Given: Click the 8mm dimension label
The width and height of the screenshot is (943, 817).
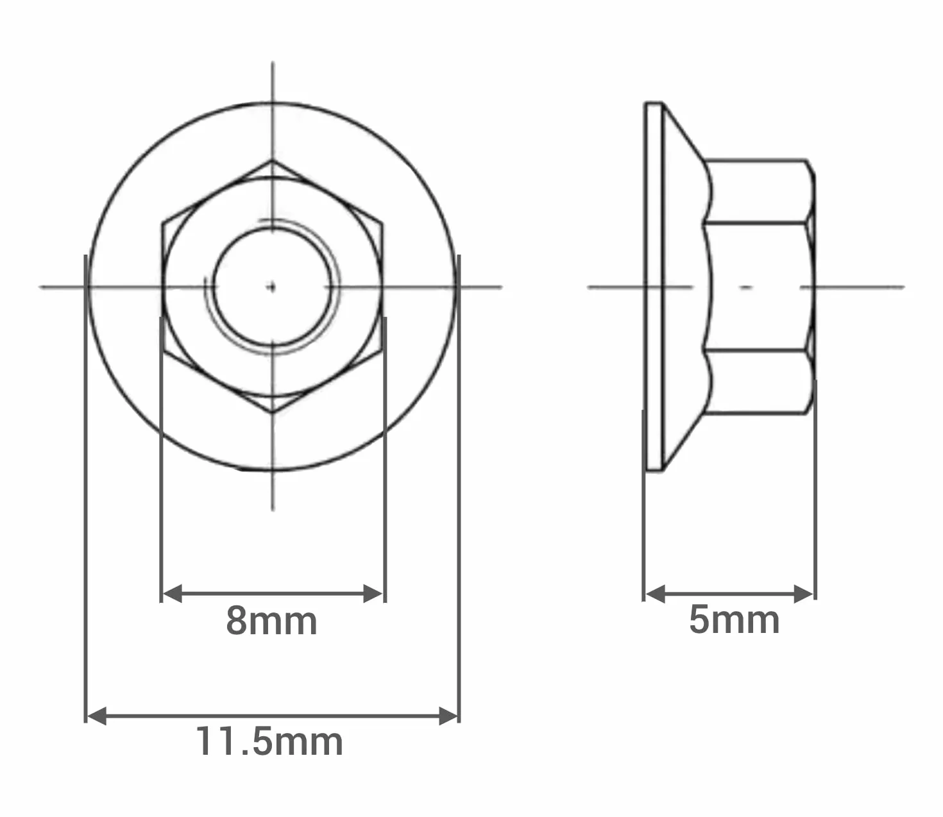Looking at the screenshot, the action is tap(271, 621).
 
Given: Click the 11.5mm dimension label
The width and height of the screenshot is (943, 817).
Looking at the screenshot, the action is tap(269, 742).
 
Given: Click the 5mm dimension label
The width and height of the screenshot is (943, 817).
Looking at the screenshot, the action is tap(734, 620).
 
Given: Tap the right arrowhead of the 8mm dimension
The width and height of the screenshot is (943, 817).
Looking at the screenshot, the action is tap(373, 593).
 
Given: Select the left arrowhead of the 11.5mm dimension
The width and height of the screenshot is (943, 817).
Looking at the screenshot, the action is tap(97, 716).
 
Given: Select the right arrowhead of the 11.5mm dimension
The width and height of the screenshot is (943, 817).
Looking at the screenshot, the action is tap(448, 716).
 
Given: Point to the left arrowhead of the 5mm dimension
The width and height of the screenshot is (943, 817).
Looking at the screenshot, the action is tap(655, 594).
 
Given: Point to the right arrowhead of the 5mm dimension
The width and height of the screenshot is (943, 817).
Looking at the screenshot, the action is tap(803, 594).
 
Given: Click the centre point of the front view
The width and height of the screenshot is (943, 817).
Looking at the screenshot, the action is tap(273, 287).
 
